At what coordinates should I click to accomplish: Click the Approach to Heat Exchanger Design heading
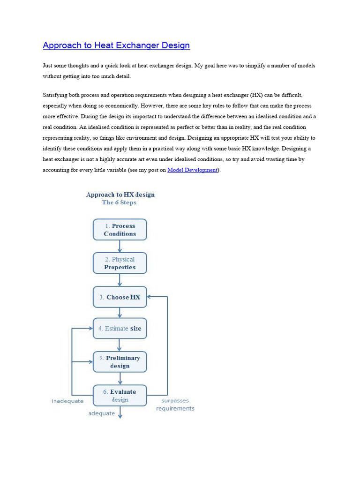(116, 45)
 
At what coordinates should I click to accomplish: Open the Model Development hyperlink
(192, 170)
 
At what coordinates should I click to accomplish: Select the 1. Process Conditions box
(120, 230)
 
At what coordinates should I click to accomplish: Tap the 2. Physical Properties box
(120, 263)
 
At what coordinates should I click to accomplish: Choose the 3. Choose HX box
(120, 297)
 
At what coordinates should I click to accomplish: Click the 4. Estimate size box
(120, 329)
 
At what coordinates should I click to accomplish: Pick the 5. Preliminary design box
(120, 361)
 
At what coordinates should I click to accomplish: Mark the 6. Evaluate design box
(120, 396)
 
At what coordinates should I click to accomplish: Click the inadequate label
(67, 401)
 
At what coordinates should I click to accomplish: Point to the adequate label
(101, 413)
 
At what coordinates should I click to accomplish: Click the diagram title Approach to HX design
(120, 195)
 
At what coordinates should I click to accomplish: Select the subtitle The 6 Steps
(119, 202)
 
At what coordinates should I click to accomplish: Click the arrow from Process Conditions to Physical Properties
(120, 247)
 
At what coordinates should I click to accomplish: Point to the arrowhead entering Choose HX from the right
(150, 297)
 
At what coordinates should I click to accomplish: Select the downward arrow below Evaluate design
(120, 412)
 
